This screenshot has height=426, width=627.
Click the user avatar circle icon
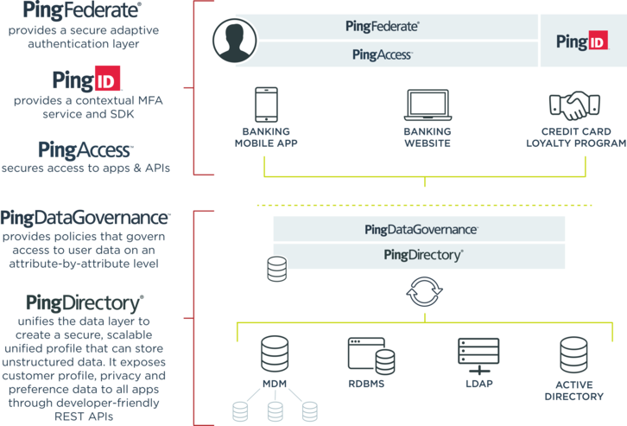pyautogui.click(x=237, y=41)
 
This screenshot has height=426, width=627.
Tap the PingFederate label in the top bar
pyautogui.click(x=381, y=27)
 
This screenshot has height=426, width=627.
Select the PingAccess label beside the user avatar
pyautogui.click(x=383, y=54)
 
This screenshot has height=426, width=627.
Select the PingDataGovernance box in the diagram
pyautogui.click(x=418, y=230)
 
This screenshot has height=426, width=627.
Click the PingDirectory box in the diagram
pyautogui.click(x=422, y=255)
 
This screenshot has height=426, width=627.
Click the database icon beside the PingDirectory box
pyautogui.click(x=276, y=270)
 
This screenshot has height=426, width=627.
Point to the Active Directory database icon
pyautogui.click(x=573, y=353)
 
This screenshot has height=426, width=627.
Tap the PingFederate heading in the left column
pyautogui.click(x=84, y=11)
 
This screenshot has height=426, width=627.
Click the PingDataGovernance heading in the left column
pyautogui.click(x=85, y=218)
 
